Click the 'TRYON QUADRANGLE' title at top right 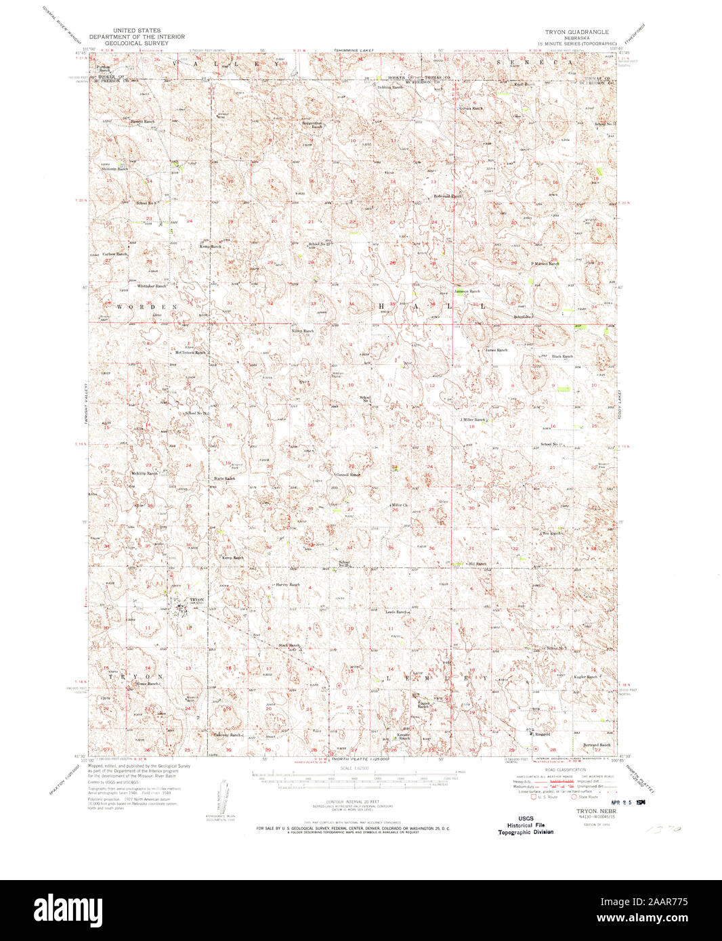coord(576,32)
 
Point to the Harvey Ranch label coord(287,584)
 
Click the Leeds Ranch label coord(398,612)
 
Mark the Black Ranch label coord(562,356)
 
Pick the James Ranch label coord(496,350)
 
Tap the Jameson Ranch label coord(467,291)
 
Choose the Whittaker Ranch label coord(152,286)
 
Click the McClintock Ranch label coord(190,352)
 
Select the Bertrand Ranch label coord(597,745)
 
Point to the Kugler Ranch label coord(585,676)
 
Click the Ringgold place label coord(543,734)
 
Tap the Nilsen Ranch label coord(302,331)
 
